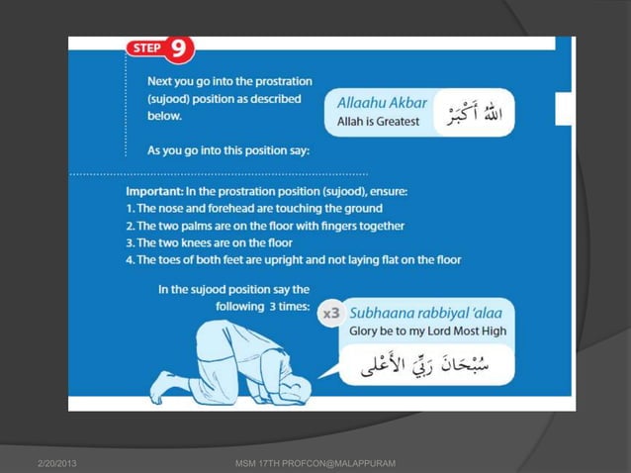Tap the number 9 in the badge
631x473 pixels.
pyautogui.click(x=180, y=48)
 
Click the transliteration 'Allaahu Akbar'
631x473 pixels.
pyautogui.click(x=382, y=102)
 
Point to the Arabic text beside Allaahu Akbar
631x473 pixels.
pyautogui.click(x=474, y=113)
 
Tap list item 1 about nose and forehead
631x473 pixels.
pyautogui.click(x=254, y=208)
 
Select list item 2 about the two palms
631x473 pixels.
pyautogui.click(x=264, y=225)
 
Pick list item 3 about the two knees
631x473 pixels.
pyautogui.click(x=209, y=241)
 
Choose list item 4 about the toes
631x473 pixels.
pyautogui.click(x=293, y=259)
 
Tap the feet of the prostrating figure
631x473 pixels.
pyautogui.click(x=164, y=388)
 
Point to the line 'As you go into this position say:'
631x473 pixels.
pyautogui.click(x=228, y=150)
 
